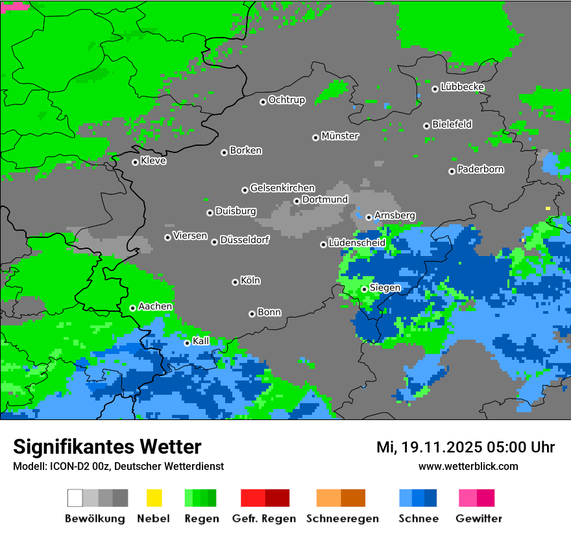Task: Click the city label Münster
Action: tap(340, 136)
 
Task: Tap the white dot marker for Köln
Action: tap(235, 282)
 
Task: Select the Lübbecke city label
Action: tap(462, 87)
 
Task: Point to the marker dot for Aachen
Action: tap(132, 308)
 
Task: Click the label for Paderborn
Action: tap(480, 169)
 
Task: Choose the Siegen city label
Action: tap(385, 287)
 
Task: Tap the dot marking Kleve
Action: tap(135, 162)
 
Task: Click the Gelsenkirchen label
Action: tap(282, 188)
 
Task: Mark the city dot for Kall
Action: tap(187, 343)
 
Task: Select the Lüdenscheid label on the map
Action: tap(357, 242)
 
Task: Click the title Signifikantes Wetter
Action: tap(107, 447)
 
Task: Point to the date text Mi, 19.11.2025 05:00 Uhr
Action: tap(465, 447)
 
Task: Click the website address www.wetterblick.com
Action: tap(468, 466)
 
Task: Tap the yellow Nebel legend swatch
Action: tap(154, 498)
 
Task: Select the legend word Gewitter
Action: tap(479, 519)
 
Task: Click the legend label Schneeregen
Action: tap(342, 519)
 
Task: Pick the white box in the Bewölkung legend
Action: tap(75, 498)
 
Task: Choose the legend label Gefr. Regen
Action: tap(263, 519)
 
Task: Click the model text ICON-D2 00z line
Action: tap(118, 466)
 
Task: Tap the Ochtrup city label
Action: tap(286, 100)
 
